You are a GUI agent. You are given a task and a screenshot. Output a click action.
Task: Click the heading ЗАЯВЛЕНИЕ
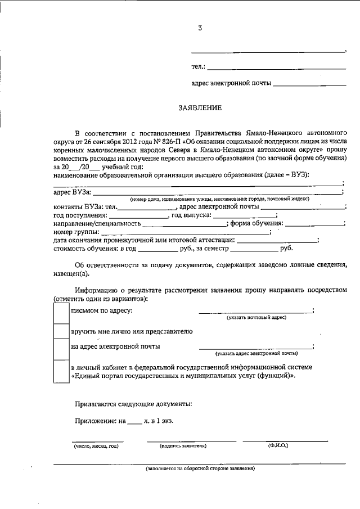tap(200, 106)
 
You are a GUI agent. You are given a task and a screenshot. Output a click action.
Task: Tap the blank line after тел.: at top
tap(276, 69)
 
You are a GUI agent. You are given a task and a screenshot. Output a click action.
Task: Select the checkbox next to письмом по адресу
tap(61, 312)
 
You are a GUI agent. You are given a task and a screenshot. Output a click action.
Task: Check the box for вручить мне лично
tap(61, 331)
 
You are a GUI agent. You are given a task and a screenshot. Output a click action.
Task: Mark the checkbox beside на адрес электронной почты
tap(61, 349)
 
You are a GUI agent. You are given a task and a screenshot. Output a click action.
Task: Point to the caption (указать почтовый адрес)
tap(256, 318)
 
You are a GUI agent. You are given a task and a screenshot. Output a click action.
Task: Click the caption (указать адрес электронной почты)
tap(256, 354)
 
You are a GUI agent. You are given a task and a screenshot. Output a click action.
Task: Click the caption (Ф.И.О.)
tap(278, 445)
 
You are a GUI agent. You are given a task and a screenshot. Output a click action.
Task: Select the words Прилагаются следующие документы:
tap(133, 403)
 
